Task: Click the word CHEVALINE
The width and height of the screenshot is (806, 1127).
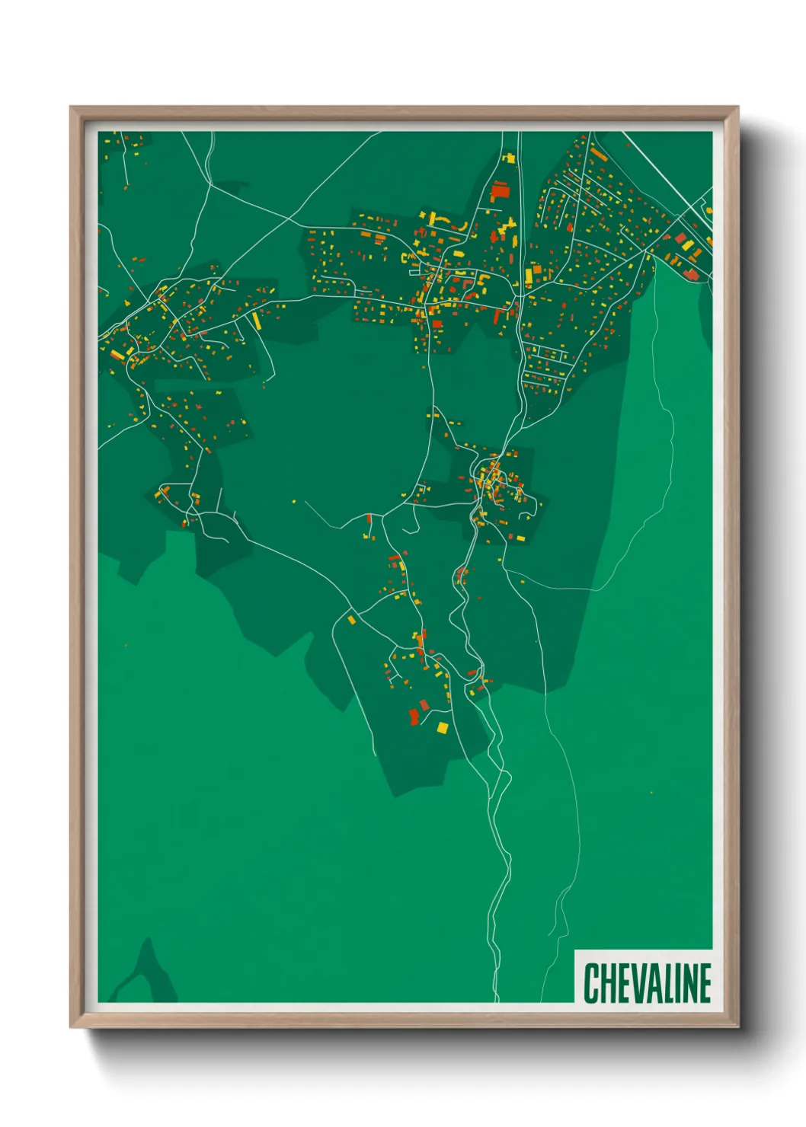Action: tap(647, 982)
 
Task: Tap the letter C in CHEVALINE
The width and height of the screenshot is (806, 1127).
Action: tap(590, 982)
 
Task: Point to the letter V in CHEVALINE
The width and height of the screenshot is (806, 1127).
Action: tap(631, 982)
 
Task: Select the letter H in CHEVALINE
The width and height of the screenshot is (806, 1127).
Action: tap(604, 982)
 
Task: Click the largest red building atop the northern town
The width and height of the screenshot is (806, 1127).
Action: tap(500, 190)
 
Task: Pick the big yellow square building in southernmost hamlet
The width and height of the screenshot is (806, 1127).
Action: tap(442, 728)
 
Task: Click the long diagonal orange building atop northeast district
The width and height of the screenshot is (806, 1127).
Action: tap(599, 155)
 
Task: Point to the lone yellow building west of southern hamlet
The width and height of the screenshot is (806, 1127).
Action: tap(351, 620)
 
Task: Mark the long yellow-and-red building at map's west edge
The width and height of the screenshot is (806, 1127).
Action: tap(117, 356)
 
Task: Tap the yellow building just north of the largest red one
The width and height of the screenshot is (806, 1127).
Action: tap(508, 158)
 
